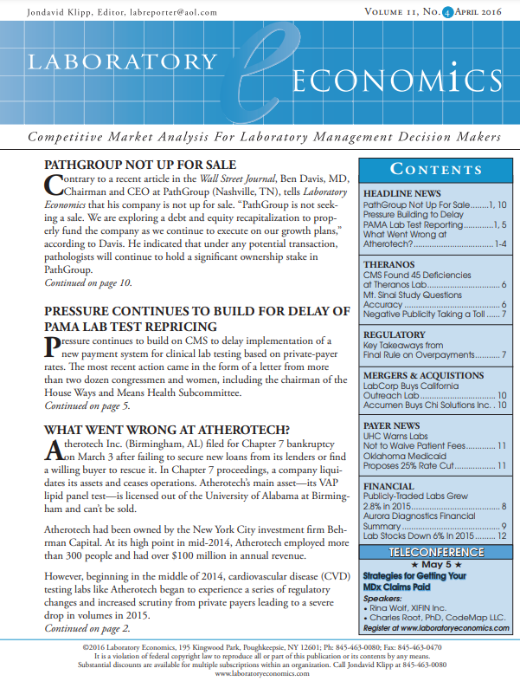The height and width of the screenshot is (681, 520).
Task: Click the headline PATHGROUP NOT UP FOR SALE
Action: point(139,165)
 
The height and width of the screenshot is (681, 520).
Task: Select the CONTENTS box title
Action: point(436,169)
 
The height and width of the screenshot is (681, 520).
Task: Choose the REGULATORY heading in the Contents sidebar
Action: point(395,334)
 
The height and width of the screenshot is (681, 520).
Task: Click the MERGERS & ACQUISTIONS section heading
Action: point(423,375)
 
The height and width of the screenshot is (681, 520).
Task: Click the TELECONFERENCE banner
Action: point(435,552)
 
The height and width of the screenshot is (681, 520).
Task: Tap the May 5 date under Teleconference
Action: point(435,564)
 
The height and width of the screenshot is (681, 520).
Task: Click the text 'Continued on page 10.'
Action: point(88,283)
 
